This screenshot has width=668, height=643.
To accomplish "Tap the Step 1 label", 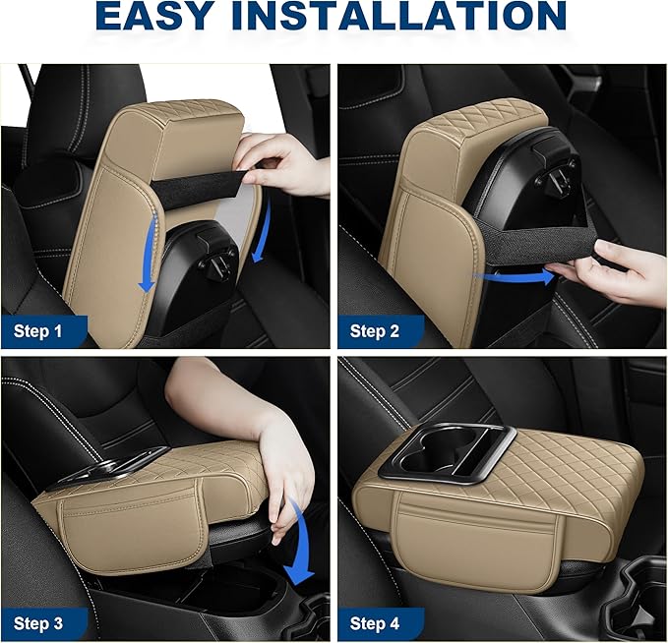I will (39, 331).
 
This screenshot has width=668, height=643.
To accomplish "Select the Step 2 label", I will (375, 331).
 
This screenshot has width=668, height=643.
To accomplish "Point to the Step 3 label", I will (39, 623).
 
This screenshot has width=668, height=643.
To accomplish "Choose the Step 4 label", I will (375, 623).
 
